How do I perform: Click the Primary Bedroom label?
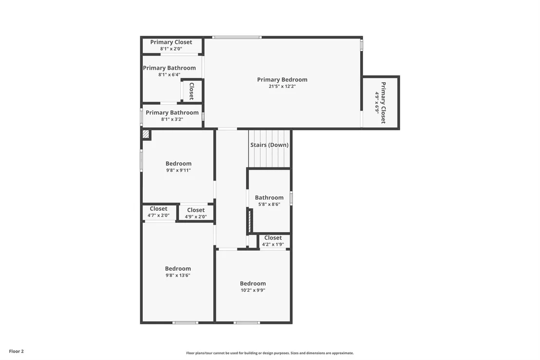click(x=282, y=80)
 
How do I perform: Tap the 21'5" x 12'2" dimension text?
click(x=282, y=86)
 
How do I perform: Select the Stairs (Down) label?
click(x=270, y=145)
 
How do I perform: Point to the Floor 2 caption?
click(x=16, y=351)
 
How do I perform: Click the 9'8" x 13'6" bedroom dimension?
click(x=178, y=275)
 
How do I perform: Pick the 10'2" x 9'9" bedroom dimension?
click(x=253, y=290)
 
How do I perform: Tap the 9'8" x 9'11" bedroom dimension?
click(x=178, y=170)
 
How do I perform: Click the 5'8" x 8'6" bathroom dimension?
click(x=269, y=204)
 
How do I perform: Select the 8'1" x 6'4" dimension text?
click(x=169, y=75)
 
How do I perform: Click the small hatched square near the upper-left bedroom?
click(x=146, y=134)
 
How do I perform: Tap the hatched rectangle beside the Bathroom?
click(x=250, y=221)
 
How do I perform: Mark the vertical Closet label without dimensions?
click(x=192, y=91)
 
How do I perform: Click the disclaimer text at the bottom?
click(x=270, y=353)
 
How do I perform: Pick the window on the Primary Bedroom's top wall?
click(x=236, y=37)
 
